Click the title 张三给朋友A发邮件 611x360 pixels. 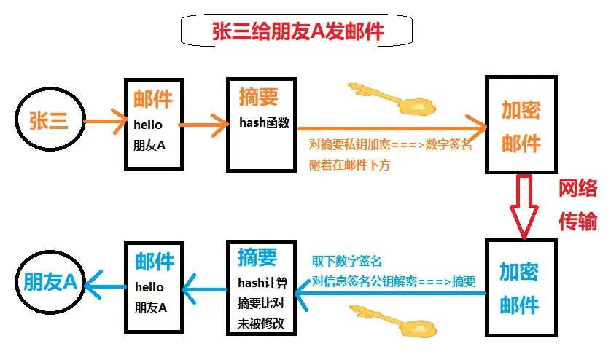coord(297,31)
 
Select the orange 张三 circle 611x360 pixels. coord(49,121)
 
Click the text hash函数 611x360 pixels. coord(264,122)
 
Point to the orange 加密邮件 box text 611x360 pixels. coord(521,126)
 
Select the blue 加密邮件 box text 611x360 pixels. coord(519,288)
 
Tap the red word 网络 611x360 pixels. coord(578,189)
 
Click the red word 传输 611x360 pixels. coord(577,221)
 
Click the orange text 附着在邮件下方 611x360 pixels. coord(350,165)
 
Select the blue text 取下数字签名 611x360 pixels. coord(347,261)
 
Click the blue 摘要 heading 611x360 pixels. coord(257,257)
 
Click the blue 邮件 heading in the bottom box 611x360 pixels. coord(155,261)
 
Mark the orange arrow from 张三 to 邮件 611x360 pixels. coord(105,121)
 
